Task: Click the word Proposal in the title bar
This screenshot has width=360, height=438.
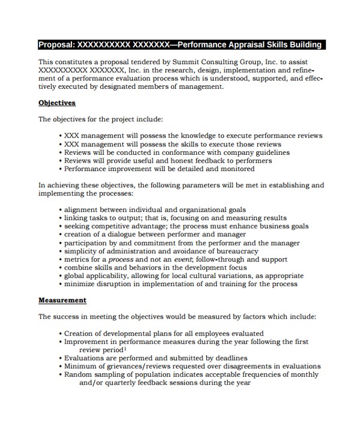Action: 56,45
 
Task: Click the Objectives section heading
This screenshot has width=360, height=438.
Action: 57,103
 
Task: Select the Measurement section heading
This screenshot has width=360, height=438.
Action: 62,300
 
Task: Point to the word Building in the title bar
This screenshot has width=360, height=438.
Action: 305,45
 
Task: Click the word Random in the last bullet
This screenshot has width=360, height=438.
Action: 78,374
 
